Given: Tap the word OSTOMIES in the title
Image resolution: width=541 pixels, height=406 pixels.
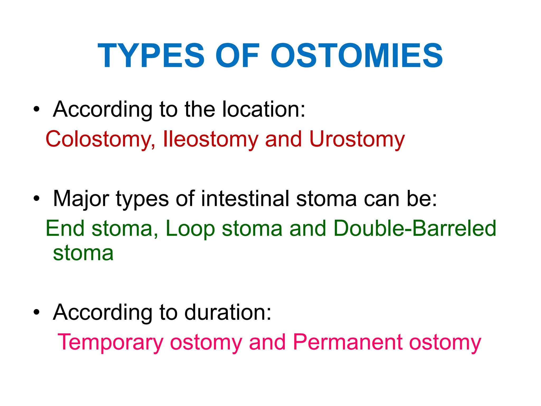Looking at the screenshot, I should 357,56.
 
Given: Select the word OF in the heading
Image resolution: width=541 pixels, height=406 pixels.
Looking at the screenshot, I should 237,56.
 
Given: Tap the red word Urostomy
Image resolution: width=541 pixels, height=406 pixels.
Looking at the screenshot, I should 357,139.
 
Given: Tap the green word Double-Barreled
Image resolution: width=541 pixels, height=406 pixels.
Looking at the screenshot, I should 415,228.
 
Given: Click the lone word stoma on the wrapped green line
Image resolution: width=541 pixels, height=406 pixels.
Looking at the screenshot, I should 83,253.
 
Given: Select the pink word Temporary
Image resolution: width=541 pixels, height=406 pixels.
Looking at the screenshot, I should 110,343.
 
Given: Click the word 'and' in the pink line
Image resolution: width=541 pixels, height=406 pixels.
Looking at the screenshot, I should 267,342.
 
